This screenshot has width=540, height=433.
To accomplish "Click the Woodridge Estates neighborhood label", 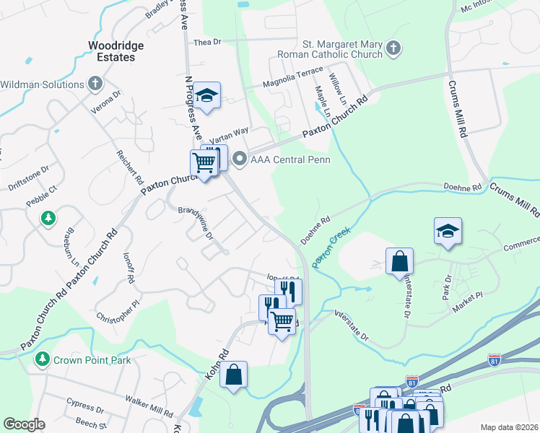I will point(116,51).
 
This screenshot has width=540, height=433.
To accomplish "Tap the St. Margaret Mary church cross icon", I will point(393,48).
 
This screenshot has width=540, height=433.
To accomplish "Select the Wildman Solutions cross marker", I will point(95,84).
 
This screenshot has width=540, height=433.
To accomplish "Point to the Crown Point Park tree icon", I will point(43,359).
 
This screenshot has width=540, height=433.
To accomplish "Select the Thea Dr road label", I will point(206,43).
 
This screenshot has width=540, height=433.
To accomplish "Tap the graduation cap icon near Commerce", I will point(448,231).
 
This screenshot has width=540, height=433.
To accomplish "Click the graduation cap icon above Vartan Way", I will point(207,95).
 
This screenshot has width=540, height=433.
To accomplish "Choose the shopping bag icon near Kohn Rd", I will point(233,374).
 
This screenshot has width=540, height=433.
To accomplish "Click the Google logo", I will point(25,424).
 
